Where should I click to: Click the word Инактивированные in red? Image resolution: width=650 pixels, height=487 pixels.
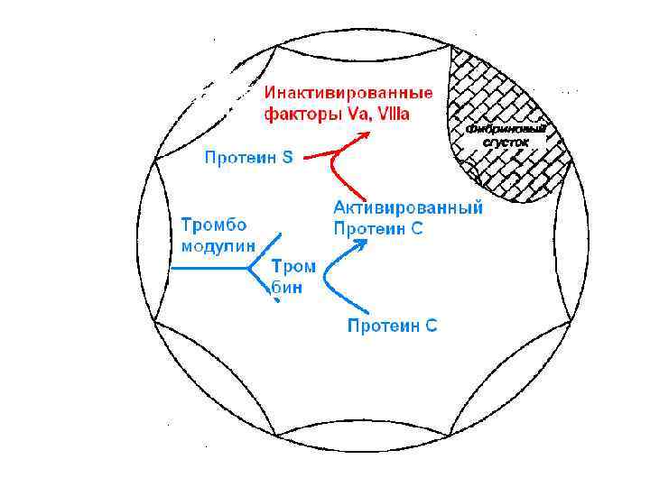[x=348, y=93]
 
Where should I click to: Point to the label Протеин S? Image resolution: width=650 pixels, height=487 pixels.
[x=249, y=159]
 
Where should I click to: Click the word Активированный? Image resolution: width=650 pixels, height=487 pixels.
[x=408, y=207]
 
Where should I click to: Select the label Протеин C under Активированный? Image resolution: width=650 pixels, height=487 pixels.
[x=378, y=228]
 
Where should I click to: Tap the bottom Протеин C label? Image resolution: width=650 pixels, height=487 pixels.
[x=393, y=326]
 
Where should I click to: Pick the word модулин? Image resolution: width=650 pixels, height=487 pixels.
[x=219, y=244]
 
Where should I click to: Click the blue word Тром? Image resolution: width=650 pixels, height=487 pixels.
[x=294, y=267]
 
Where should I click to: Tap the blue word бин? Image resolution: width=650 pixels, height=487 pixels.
[x=287, y=289]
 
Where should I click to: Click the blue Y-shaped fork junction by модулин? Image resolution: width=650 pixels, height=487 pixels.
[x=249, y=268]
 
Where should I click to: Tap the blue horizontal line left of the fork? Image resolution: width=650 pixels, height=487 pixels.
[x=208, y=268]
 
